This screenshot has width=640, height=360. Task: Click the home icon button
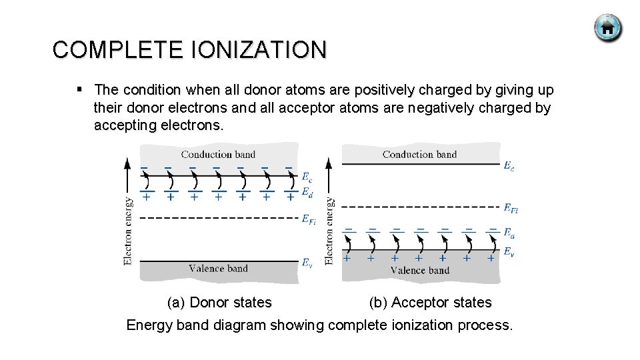(x=607, y=29)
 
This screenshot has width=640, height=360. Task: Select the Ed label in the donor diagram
(x=307, y=193)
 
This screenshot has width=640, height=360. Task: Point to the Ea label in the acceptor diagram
(x=509, y=234)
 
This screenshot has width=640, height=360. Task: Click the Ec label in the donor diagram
(x=307, y=178)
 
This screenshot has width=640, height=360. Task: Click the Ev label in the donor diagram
(x=307, y=263)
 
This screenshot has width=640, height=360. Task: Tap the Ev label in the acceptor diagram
(x=509, y=251)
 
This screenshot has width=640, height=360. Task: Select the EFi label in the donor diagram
(x=309, y=219)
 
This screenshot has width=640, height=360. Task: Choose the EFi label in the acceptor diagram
(x=511, y=209)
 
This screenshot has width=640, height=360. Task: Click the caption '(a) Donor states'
(x=219, y=303)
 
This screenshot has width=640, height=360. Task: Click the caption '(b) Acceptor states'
(x=430, y=303)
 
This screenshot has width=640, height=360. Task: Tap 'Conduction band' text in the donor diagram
(x=218, y=155)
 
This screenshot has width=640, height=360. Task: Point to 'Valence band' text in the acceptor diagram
(x=419, y=270)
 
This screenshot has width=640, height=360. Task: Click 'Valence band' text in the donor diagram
(x=218, y=269)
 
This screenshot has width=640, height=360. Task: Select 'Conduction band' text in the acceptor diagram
(x=419, y=155)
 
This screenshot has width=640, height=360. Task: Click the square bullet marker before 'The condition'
(x=79, y=89)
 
